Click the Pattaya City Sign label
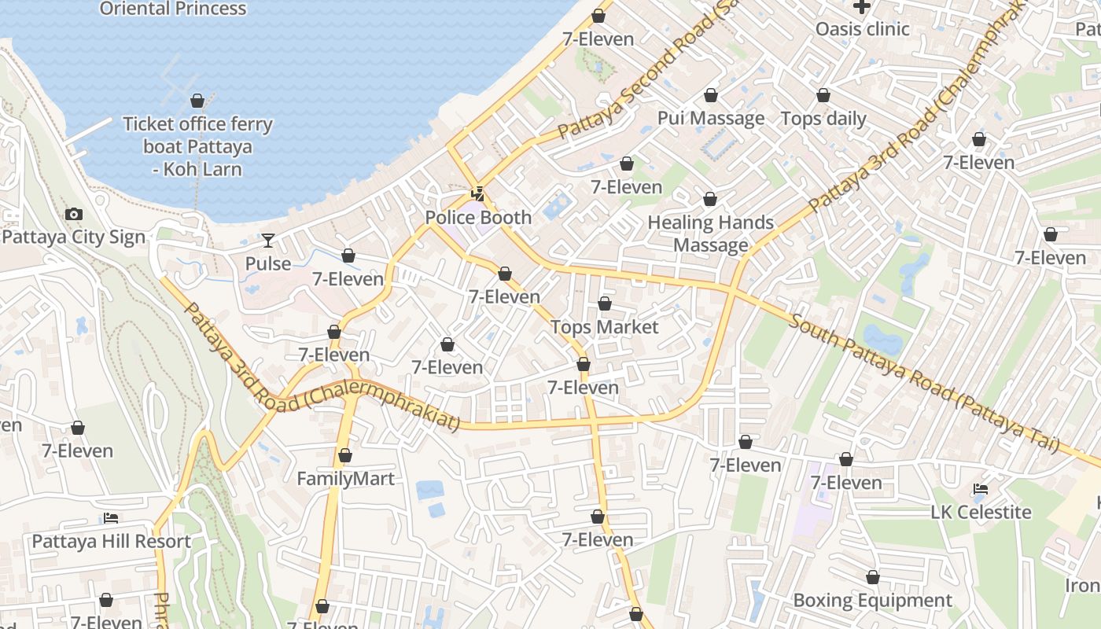[x=74, y=237]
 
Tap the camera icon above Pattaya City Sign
[x=74, y=214]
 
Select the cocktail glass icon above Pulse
[x=268, y=240]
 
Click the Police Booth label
[x=478, y=218]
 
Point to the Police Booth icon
[x=477, y=193]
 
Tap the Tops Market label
[x=604, y=327]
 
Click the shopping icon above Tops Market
[x=605, y=303]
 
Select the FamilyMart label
[x=345, y=479]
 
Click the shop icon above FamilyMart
[x=344, y=455]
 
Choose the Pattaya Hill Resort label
[x=111, y=542]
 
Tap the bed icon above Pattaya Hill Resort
[x=111, y=518]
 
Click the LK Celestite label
[x=981, y=513]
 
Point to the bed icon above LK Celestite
[x=981, y=489]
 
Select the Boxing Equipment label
[x=872, y=601]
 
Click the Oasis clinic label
[x=862, y=30]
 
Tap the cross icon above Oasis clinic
[x=862, y=7]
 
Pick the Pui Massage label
[x=711, y=119]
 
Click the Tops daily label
[x=823, y=120]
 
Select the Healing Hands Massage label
[x=711, y=234]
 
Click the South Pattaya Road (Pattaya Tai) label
[x=924, y=384]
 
